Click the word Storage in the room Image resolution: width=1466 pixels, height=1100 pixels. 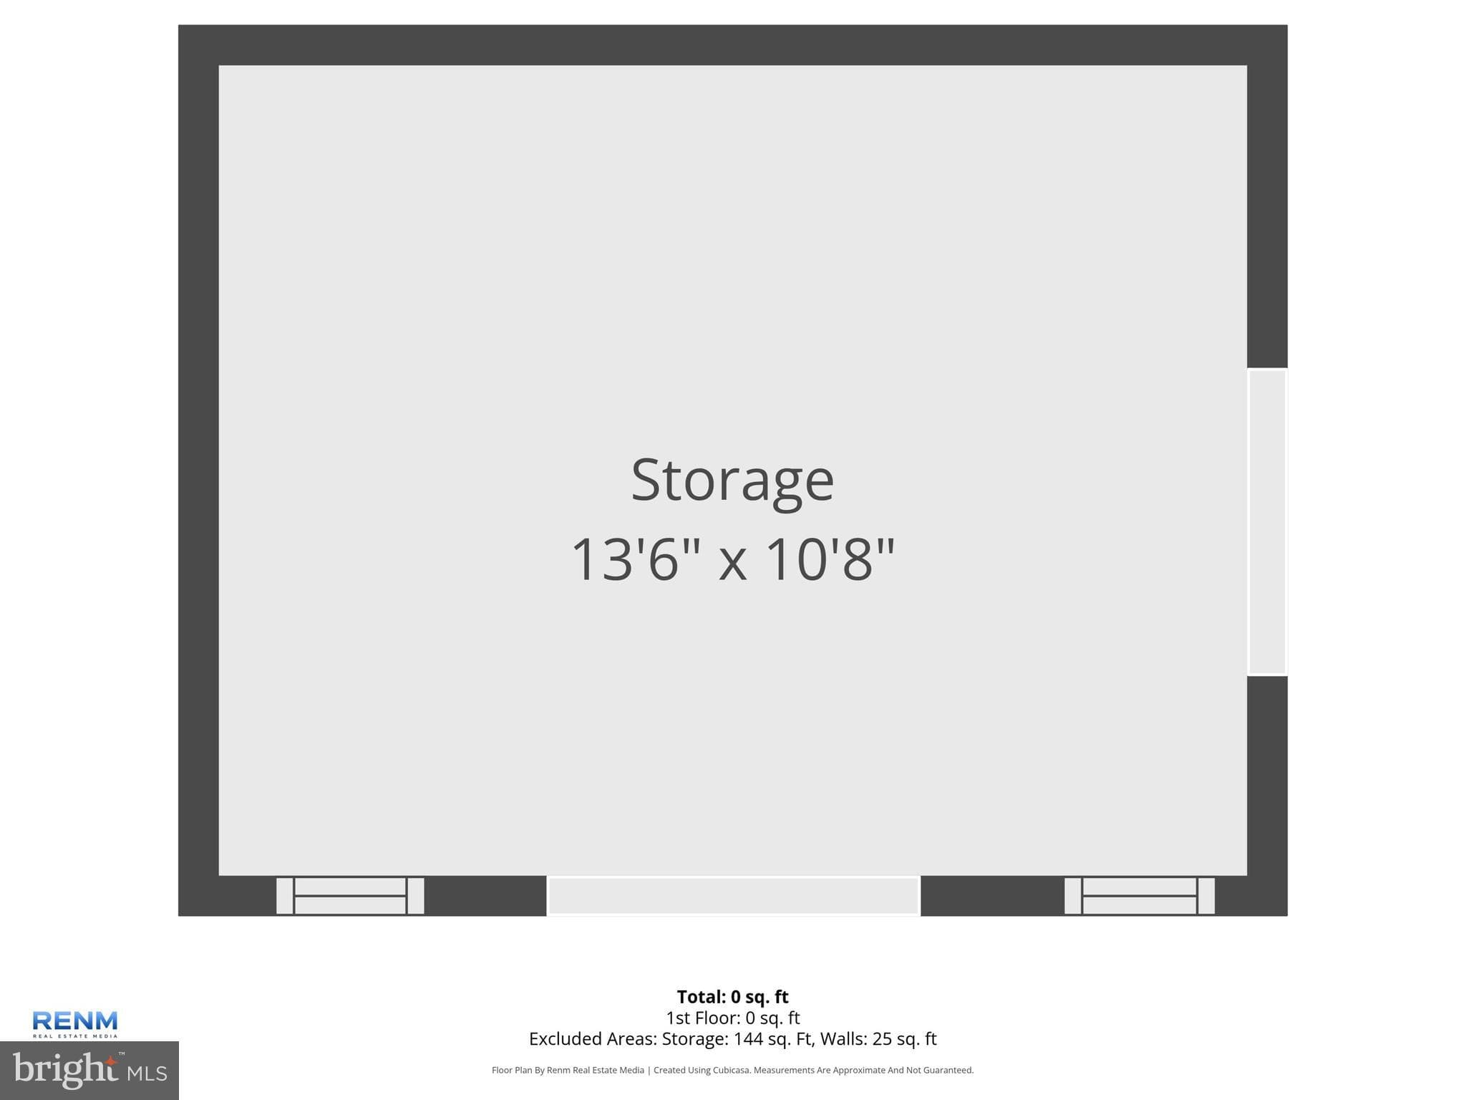[732, 481]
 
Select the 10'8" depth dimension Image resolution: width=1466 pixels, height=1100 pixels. [830, 559]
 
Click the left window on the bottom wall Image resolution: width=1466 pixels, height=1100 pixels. [350, 896]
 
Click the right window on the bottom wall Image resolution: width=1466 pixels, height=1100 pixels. [1140, 896]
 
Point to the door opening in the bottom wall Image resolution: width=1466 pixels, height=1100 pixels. [733, 896]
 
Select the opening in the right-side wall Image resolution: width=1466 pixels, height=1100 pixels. [1267, 522]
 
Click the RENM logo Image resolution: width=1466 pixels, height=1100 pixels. [75, 1023]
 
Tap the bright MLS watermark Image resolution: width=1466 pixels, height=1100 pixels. [89, 1070]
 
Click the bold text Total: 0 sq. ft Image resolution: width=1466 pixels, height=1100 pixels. [732, 997]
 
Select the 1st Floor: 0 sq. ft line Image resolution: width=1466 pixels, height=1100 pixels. [732, 1018]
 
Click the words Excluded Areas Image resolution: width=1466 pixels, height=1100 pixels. [593, 1038]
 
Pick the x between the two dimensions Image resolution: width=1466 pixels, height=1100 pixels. [733, 562]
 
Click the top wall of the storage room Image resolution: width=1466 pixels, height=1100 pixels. [732, 45]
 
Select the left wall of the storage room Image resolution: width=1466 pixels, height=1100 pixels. [198, 471]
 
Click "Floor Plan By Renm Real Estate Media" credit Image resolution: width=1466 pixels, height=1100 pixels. [568, 1071]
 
